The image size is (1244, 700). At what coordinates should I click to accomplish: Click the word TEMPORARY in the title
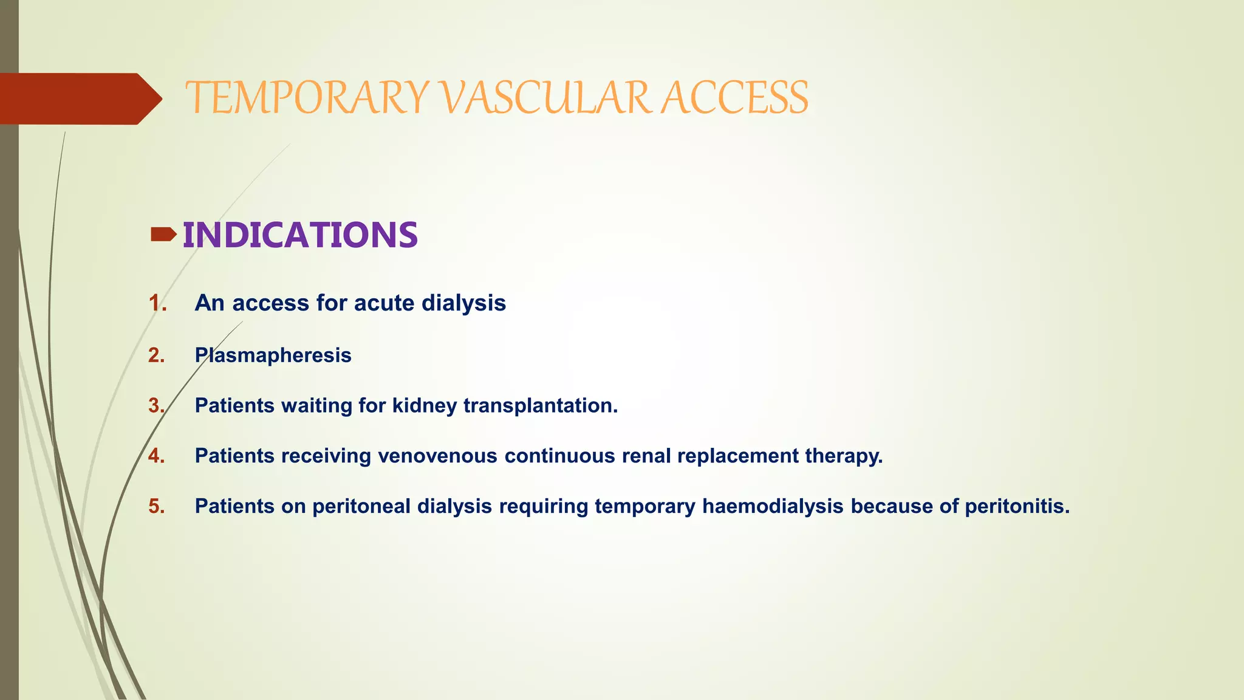coord(307,98)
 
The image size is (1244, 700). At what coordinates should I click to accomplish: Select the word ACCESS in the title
coord(734,98)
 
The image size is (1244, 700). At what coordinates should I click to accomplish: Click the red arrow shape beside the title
coord(79,98)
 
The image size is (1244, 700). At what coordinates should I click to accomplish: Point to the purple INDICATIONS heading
coord(300,235)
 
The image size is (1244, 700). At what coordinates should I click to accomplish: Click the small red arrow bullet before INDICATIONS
coord(163,235)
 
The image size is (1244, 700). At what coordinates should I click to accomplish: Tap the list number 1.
coord(157,303)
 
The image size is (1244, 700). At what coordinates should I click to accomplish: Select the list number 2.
coord(157,355)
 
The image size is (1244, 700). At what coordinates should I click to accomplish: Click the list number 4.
coord(157,456)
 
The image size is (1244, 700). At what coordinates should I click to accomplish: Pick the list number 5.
coord(157,506)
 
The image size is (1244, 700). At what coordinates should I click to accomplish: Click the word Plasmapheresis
coord(273,355)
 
